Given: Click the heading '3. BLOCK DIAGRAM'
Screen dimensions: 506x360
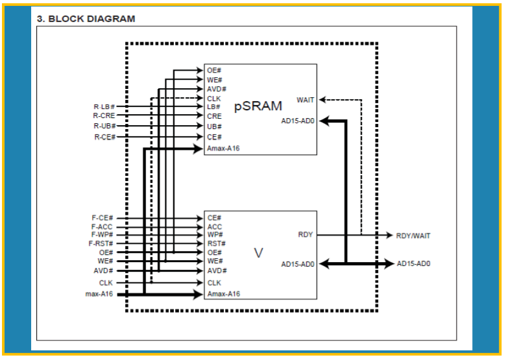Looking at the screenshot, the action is tap(86, 19).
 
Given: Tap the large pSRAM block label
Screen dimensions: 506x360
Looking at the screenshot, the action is tap(258, 106).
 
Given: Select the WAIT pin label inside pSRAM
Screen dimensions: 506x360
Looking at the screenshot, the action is tap(305, 100).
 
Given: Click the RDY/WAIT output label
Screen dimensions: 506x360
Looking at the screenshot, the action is tap(413, 236).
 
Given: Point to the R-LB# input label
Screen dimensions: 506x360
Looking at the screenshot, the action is tap(104, 107).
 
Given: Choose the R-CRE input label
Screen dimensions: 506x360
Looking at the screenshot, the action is tap(104, 115).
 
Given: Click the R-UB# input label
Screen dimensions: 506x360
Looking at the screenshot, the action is tap(104, 126).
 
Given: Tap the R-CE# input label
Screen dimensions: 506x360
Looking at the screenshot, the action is tap(105, 137).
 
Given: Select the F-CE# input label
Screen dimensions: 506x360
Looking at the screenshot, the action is tap(102, 218).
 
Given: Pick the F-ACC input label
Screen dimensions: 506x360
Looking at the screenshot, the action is tap(102, 227).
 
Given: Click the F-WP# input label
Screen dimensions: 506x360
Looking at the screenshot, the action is tap(102, 235).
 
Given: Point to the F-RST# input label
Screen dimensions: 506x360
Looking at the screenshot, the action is tap(101, 243).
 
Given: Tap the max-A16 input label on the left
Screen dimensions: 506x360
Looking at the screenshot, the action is tap(99, 294).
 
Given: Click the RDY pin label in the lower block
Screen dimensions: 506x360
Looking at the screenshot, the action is tap(306, 235).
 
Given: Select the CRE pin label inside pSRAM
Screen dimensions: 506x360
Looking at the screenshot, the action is tap(214, 116).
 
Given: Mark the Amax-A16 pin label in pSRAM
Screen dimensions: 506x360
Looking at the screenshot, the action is tap(223, 149).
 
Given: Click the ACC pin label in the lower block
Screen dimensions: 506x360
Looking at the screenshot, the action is tap(215, 227).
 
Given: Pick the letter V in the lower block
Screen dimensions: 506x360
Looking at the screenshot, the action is tap(258, 253).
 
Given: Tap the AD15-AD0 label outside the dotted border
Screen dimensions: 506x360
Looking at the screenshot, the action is tap(413, 263).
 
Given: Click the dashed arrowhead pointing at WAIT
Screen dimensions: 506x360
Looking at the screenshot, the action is tap(322, 100).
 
